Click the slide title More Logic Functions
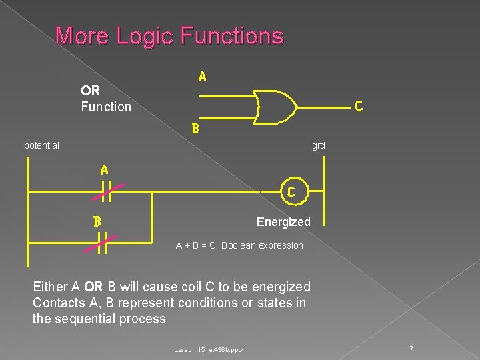click(x=169, y=35)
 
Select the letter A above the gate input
click(x=202, y=77)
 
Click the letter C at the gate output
click(x=358, y=106)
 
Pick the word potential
click(x=41, y=145)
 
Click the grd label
click(x=318, y=145)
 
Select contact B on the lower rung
click(x=104, y=245)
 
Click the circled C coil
click(x=291, y=192)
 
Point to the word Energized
click(x=283, y=222)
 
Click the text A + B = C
click(x=195, y=245)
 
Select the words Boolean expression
click(x=262, y=245)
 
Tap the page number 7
click(x=411, y=349)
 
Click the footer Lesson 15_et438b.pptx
click(x=209, y=350)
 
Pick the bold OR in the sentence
click(x=94, y=287)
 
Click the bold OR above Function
click(x=90, y=91)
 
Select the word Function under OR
click(x=106, y=107)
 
